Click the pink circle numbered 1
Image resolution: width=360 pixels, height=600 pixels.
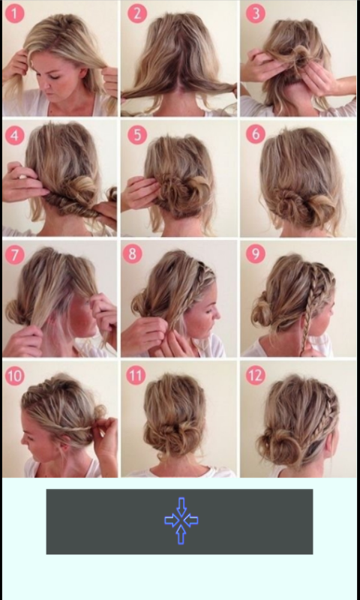click(x=14, y=13)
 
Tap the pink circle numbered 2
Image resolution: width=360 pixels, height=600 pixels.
click(x=137, y=13)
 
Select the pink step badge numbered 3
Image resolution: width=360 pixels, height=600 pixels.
click(x=256, y=13)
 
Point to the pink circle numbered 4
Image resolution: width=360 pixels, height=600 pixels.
click(x=14, y=136)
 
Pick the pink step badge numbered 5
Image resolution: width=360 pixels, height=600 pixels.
click(x=137, y=135)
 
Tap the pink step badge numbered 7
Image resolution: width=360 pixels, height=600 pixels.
click(x=14, y=255)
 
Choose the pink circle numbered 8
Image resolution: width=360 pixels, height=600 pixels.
click(x=132, y=253)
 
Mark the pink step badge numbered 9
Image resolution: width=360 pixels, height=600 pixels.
click(x=256, y=253)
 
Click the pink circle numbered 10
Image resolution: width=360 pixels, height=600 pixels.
click(x=14, y=376)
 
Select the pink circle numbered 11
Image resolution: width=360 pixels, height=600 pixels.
click(x=136, y=375)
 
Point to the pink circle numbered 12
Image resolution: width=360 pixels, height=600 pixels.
click(x=256, y=375)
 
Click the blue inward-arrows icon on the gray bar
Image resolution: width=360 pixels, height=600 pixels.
click(x=181, y=520)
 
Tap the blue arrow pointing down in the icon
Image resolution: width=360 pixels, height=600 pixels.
click(x=181, y=506)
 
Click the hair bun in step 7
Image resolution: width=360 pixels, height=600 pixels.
click(x=16, y=310)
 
